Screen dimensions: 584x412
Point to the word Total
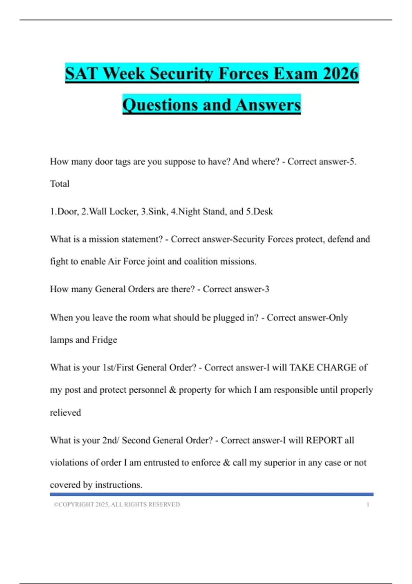[x=60, y=184]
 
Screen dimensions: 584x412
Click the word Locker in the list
[x=124, y=212]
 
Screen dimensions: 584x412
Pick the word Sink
[x=158, y=212]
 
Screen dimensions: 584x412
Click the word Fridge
[x=104, y=340]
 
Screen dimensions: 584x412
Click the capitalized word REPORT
[x=324, y=440]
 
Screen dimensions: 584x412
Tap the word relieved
[x=66, y=413]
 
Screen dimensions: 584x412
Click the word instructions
[x=118, y=485]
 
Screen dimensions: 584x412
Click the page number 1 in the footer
[x=368, y=505]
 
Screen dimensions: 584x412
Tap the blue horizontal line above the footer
[x=211, y=494]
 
